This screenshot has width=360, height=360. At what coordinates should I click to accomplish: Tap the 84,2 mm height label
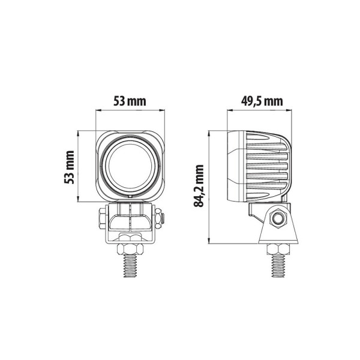(x=200, y=187)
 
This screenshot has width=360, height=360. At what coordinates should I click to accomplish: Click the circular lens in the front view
(x=130, y=167)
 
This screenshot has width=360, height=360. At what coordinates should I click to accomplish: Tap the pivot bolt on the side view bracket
(x=278, y=220)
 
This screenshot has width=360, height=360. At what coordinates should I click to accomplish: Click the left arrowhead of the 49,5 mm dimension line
(x=229, y=110)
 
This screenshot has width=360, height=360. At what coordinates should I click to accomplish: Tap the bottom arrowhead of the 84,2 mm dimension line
(x=208, y=242)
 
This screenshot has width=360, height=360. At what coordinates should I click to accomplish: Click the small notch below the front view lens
(x=130, y=196)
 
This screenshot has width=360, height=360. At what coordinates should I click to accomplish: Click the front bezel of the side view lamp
(x=231, y=166)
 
